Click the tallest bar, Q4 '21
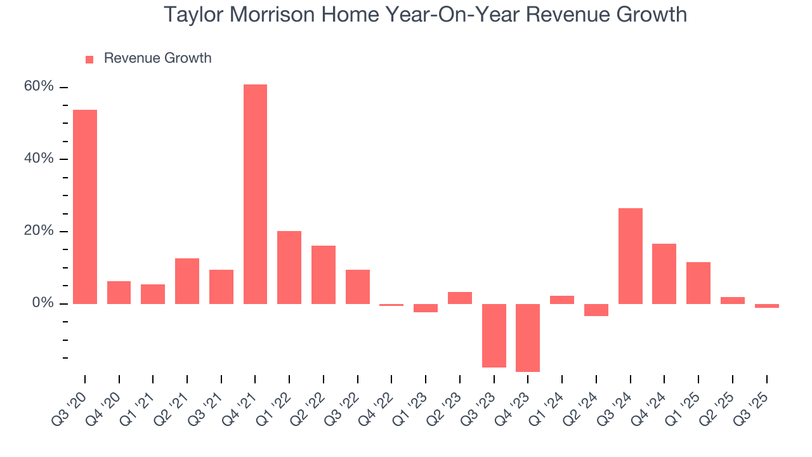pos(255,194)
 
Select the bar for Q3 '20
pos(85,206)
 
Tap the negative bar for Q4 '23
pos(528,338)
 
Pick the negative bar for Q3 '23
pos(494,335)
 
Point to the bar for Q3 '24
pos(630,256)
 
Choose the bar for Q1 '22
pos(289,267)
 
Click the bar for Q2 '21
pos(187,281)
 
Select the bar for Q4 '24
pos(664,274)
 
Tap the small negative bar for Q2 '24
pos(596,310)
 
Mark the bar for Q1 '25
pos(698,282)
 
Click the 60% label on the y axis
pos(39,86)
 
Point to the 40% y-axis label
pos(39,159)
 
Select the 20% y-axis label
pos(39,231)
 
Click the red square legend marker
pos(89,59)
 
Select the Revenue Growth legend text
pos(157,58)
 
